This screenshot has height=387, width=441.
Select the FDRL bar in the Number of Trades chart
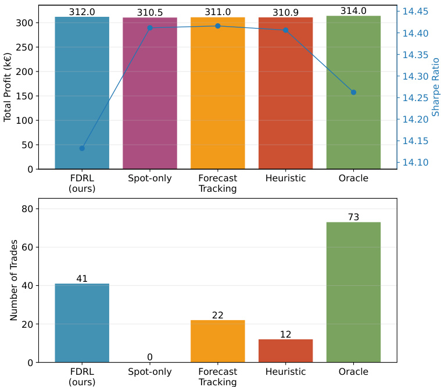coord(82,323)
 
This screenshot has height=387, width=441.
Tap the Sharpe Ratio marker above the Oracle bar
coord(353,92)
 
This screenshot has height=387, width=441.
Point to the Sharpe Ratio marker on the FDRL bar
coord(82,148)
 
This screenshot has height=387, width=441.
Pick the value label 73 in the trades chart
coord(353,217)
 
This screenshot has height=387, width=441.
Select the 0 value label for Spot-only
coord(150,357)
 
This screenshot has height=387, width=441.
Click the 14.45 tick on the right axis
coord(415,12)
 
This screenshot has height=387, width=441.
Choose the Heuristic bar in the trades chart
coord(285,351)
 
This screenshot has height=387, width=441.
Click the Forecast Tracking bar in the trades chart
coord(217,341)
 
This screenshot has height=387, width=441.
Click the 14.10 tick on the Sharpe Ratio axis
coord(415,163)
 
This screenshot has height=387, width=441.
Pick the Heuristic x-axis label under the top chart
coord(285,178)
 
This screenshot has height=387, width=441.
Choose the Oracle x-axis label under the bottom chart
coord(353,372)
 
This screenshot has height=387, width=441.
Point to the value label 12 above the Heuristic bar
coord(285,335)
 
